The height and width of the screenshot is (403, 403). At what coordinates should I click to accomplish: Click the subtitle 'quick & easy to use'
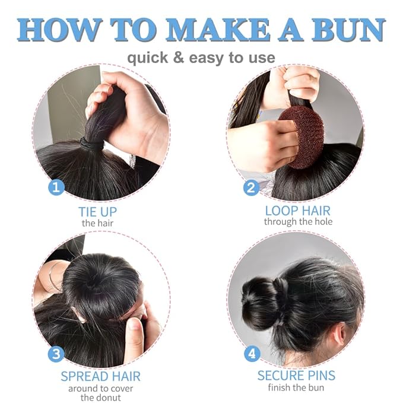pos(201,58)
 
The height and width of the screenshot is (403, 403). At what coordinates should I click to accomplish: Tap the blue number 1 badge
pos(56,188)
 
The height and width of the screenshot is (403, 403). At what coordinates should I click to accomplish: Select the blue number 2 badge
pos(251,188)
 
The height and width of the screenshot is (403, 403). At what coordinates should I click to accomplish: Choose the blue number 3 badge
pos(56,355)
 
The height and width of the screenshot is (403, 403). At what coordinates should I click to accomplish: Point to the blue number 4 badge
pos(252,354)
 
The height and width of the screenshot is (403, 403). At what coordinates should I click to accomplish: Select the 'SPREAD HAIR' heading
pos(100,376)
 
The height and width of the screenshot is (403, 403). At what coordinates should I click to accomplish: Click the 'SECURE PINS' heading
pos(296,376)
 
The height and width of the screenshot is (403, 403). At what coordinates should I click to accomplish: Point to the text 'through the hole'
pos(298,222)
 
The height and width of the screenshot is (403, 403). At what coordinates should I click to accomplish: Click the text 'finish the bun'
pos(296,388)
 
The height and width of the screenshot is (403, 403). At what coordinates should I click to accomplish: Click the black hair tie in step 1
pos(92,144)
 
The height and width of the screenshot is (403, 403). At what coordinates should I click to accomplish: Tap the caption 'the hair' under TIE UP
pos(97,223)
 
